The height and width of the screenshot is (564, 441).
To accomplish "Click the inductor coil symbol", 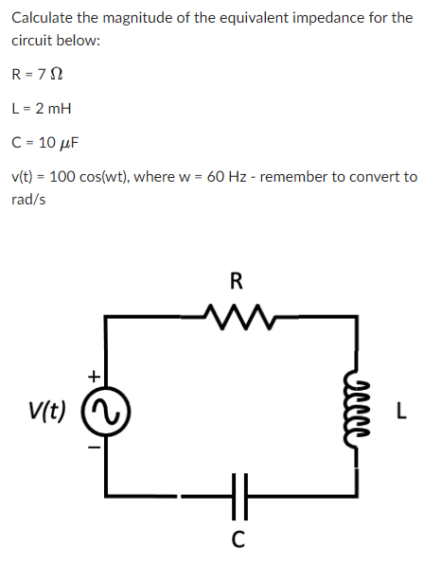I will [x=357, y=410].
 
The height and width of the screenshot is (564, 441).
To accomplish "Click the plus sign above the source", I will [x=93, y=376].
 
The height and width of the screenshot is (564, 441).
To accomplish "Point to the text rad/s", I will [x=28, y=200].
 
